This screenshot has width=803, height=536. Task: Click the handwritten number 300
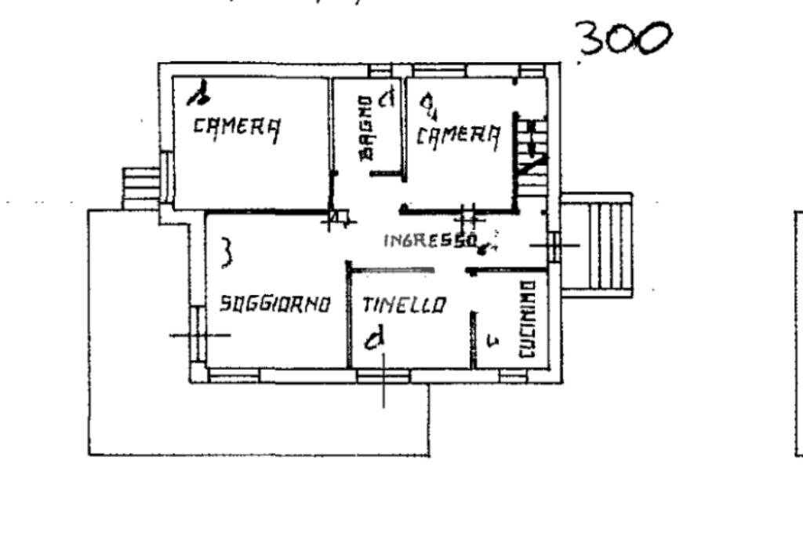coord(624,39)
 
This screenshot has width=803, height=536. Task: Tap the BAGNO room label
coord(365,129)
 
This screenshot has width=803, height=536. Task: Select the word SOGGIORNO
coord(274,304)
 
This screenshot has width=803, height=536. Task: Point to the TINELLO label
coord(404,304)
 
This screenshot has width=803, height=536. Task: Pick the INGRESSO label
coord(431,240)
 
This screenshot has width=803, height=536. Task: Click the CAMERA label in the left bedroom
coord(237,127)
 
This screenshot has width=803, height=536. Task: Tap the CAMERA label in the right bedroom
coord(458,136)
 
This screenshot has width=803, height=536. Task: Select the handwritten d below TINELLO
coord(376,340)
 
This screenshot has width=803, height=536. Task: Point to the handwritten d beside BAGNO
coord(385,100)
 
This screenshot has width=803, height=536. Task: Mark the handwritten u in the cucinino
coord(492,340)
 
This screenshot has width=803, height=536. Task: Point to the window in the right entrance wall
coord(554,246)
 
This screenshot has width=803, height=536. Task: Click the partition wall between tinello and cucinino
coord(474,339)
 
